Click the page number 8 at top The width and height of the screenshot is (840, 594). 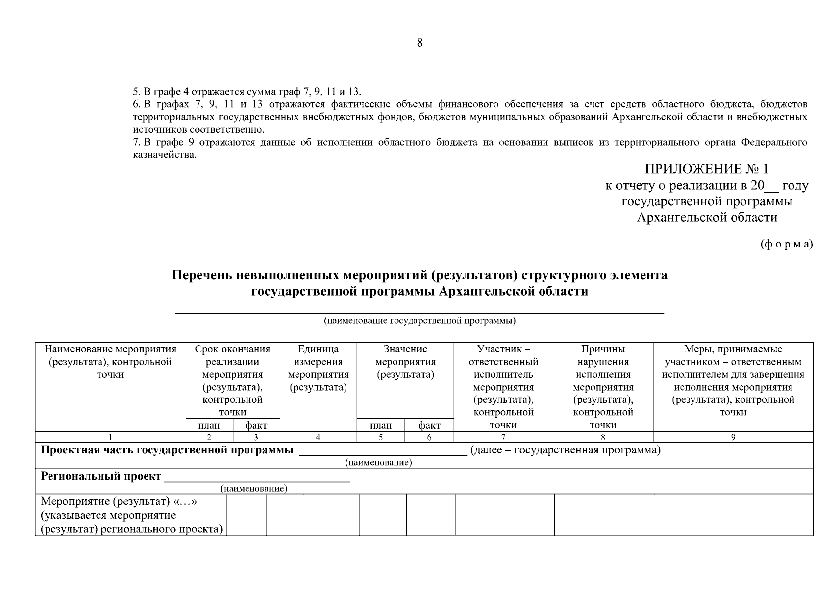coord(420,43)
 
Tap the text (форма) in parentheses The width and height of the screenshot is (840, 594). coord(786,244)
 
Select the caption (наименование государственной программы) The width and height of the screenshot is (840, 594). coord(420,321)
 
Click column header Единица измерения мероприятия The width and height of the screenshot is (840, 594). coord(318,368)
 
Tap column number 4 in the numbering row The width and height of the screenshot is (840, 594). coord(318,437)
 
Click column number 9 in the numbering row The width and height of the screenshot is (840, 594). coord(733,437)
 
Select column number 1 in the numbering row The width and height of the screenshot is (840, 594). coord(110,437)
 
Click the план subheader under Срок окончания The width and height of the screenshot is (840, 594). coord(209,425)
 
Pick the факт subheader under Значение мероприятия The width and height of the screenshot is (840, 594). coord(429,425)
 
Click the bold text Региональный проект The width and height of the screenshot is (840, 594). coord(101,477)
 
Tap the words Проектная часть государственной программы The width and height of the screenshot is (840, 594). coord(167,450)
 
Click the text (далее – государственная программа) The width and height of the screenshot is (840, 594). coord(565,450)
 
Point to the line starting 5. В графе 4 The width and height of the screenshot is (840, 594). coord(247,92)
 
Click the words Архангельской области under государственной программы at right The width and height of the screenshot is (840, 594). coord(707,218)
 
